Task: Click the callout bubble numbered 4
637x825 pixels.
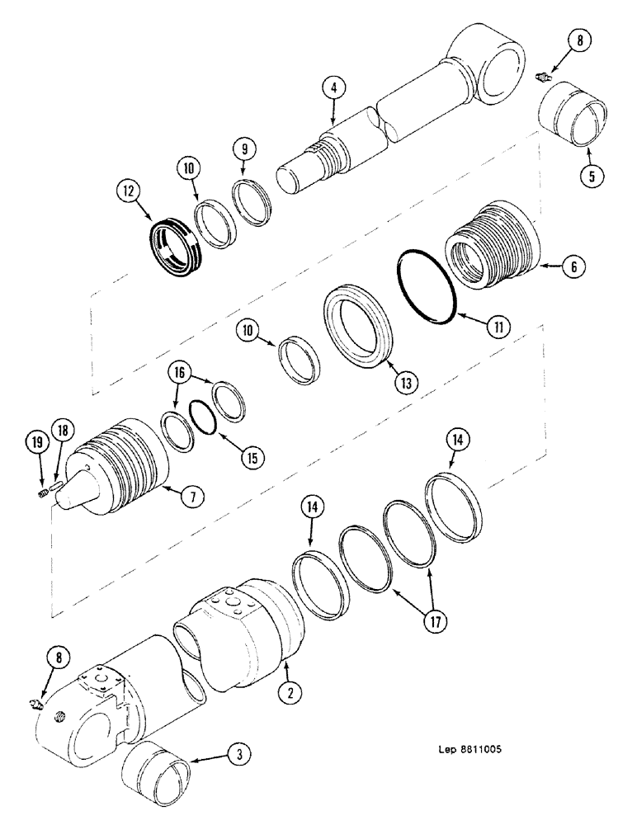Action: [333, 88]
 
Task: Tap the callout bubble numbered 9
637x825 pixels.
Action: [244, 149]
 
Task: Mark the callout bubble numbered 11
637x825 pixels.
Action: [498, 328]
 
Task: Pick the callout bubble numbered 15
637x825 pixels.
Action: [248, 455]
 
